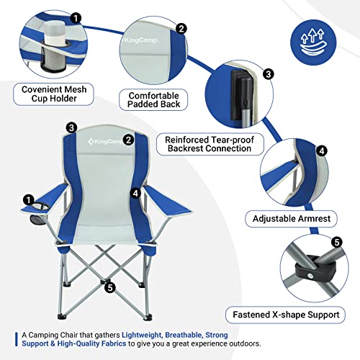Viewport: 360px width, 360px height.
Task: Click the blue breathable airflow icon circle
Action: coord(313,42)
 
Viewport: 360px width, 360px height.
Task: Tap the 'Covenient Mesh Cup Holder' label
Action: coord(53,94)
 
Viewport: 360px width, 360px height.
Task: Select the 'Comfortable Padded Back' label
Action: coord(153,99)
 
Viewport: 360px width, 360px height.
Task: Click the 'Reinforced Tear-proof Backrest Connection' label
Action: coord(210,144)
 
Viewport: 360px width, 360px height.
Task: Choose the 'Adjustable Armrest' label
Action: coord(292,218)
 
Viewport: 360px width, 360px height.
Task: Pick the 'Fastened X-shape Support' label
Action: coord(286,315)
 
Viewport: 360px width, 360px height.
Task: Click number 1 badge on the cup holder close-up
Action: coord(76,18)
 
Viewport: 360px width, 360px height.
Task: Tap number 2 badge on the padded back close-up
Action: coord(181,29)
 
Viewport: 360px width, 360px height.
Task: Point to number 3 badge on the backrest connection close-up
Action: coord(269,74)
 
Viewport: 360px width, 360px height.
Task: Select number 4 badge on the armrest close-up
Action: coord(322,151)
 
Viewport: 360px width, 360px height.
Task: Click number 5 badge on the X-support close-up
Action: coord(337,242)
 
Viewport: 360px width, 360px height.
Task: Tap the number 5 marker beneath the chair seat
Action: coord(110,287)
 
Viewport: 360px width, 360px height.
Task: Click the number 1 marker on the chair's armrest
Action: coord(29,200)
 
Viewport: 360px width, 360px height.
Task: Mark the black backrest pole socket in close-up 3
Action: coord(240,95)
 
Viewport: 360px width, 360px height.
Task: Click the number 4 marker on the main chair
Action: coord(135,193)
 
